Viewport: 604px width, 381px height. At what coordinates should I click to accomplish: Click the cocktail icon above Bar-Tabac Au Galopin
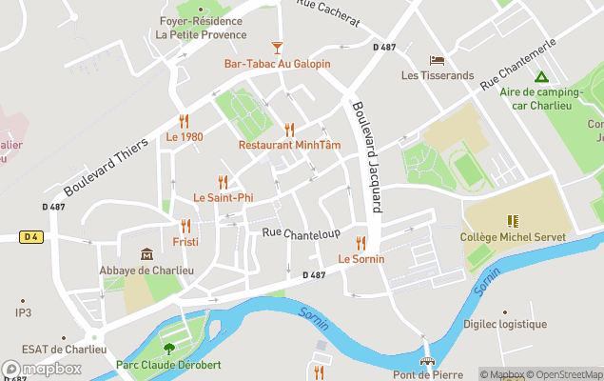point(277,47)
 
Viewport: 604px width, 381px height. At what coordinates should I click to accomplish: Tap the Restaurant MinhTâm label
point(289,145)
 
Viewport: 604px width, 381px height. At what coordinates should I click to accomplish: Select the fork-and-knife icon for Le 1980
point(185,121)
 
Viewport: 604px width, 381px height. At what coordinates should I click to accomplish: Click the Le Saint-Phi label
point(224,197)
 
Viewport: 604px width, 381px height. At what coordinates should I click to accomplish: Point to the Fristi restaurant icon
point(185,226)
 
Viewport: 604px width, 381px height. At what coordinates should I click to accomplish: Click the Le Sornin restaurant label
point(360,258)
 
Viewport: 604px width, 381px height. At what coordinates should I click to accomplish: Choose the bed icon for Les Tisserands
point(437,59)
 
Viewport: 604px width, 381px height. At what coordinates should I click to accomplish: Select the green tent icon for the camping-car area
point(540,76)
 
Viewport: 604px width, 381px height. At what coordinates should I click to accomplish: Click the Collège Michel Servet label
point(513,237)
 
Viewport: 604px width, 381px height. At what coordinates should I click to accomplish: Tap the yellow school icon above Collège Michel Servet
point(513,221)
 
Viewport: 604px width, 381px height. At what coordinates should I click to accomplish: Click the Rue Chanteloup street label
point(301,233)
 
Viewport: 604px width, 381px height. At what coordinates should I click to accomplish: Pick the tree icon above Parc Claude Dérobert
point(169,349)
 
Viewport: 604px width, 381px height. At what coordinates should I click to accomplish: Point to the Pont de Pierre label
point(429,375)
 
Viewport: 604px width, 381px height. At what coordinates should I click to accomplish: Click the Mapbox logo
point(42,370)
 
